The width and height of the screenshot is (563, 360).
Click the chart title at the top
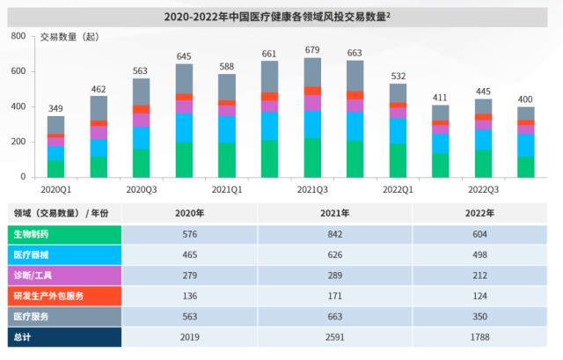281,16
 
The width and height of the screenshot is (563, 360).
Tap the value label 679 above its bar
312,49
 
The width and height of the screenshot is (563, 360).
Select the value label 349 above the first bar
55,107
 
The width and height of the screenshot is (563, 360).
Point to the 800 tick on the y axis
19,36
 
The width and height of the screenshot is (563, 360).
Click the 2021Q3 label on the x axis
312,188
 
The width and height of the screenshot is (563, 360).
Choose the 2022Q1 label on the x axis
398,188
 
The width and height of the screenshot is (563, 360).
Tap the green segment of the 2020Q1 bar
55,168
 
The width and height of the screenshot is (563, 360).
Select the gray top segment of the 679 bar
312,72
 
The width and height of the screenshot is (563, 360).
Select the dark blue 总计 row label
24,335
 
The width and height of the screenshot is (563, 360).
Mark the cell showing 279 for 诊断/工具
190,275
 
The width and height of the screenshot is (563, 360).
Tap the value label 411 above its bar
440,97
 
